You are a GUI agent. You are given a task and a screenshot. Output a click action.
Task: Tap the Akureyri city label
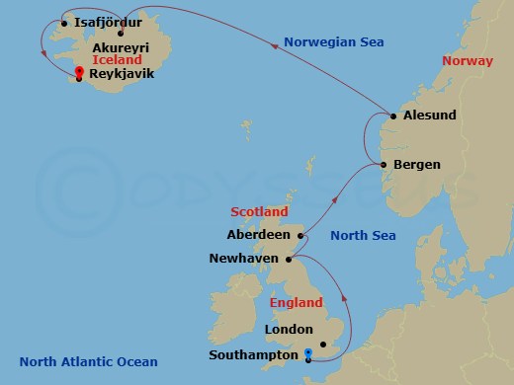coord(126,46)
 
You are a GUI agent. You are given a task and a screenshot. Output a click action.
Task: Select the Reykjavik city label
coord(124,74)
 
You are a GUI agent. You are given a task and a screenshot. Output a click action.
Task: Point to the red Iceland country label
coord(116,60)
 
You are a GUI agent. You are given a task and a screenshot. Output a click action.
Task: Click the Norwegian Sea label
coord(333,41)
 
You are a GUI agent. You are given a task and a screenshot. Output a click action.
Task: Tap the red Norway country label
coord(467,61)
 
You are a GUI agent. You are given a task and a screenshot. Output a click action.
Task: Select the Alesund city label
coord(430,115)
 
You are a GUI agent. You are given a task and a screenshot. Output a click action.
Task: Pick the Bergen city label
coord(416,165)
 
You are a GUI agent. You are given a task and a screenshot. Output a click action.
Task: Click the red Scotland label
coord(259,212)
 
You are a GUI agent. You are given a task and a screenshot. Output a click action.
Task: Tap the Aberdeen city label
coord(258,235)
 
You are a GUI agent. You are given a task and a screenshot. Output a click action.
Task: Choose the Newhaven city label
coord(244,259)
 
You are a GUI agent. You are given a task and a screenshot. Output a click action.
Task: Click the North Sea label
coord(363,235)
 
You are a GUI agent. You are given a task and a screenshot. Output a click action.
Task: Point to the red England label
coord(297,303)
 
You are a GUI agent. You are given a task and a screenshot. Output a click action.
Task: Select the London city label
coord(289,330)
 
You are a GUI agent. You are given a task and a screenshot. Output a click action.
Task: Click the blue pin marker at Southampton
coord(308,352)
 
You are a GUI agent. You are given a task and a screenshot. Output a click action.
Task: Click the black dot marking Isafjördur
coord(64,23)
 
